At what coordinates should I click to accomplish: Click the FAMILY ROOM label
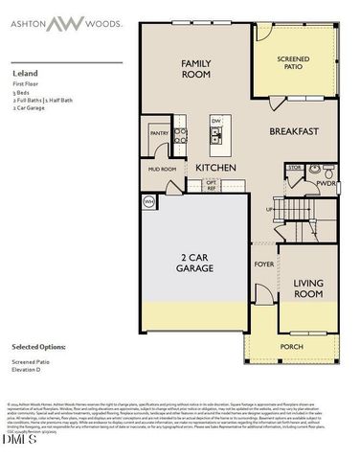pyautogui.click(x=196, y=68)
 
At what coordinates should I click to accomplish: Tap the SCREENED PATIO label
pyautogui.click(x=294, y=64)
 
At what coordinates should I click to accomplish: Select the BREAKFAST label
pyautogui.click(x=293, y=131)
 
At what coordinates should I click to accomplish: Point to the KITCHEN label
pyautogui.click(x=215, y=168)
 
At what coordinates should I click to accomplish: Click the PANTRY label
pyautogui.click(x=159, y=134)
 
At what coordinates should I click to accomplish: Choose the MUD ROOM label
pyautogui.click(x=162, y=169)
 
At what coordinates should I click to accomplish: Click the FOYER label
pyautogui.click(x=263, y=263)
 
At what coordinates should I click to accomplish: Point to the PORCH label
pyautogui.click(x=292, y=346)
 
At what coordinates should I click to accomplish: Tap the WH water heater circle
pyautogui.click(x=148, y=202)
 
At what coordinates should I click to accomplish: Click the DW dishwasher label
pyautogui.click(x=216, y=120)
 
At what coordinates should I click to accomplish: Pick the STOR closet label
pyautogui.click(x=295, y=168)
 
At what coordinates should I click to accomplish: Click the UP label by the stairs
pyautogui.click(x=271, y=208)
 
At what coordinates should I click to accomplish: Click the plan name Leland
pyautogui.click(x=23, y=71)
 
